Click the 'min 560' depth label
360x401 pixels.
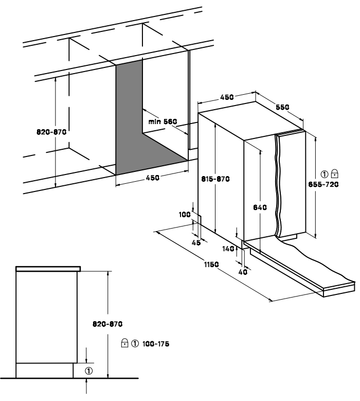tap(163, 121)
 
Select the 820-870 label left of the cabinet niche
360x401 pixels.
tap(51, 132)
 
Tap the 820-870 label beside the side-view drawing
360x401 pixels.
tap(107, 324)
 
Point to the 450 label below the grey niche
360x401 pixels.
tap(153, 178)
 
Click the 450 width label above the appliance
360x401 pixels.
tap(227, 97)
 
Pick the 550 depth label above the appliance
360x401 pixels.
tap(282, 107)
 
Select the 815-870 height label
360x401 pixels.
tap(215, 179)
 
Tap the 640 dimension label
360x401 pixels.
tap(260, 207)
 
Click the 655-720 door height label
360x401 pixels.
tap(323, 184)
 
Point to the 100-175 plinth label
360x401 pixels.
tap(156, 344)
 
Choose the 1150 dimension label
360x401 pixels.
tap(211, 265)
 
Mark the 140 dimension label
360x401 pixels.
tap(228, 249)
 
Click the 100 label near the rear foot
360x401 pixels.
tap(185, 214)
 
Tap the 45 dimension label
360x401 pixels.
tap(196, 242)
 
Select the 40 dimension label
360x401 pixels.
tap(243, 272)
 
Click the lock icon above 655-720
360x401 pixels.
tap(334, 173)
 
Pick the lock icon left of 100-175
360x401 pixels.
tap(124, 343)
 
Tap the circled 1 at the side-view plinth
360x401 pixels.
tap(88, 371)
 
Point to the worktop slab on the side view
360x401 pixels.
tap(48, 269)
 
